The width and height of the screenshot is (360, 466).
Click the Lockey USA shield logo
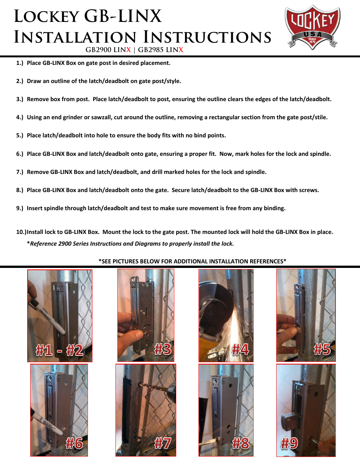point(312,27)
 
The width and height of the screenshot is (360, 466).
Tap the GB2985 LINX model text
point(160,50)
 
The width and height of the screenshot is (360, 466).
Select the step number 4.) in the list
point(20,117)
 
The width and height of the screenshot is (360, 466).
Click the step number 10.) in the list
point(21,232)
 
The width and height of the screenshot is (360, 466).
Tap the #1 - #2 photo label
point(59,350)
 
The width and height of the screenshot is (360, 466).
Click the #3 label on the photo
point(163,349)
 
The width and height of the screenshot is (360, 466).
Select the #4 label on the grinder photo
point(240,349)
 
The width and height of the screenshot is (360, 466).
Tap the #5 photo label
point(322,349)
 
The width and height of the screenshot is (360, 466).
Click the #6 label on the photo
point(74,443)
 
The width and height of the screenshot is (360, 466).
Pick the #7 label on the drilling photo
point(163,443)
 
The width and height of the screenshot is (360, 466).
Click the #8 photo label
point(240,443)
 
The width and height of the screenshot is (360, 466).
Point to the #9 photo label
point(289,443)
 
